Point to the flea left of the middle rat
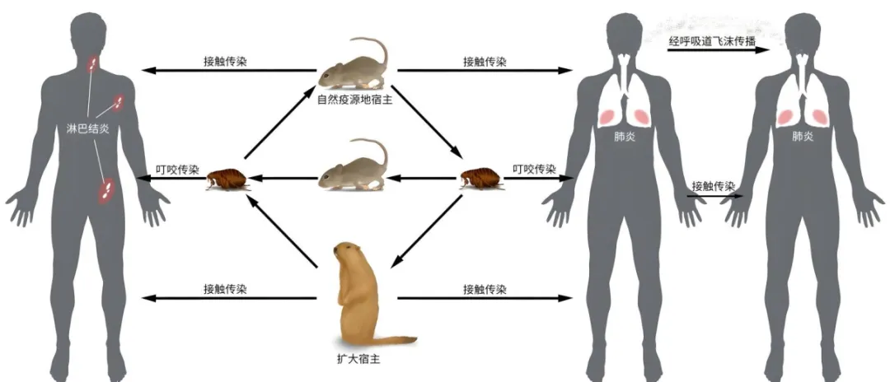point(225,178)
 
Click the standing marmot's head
point(348,251)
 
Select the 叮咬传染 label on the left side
point(177,170)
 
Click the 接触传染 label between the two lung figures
point(714,185)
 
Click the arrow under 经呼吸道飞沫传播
point(717,51)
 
